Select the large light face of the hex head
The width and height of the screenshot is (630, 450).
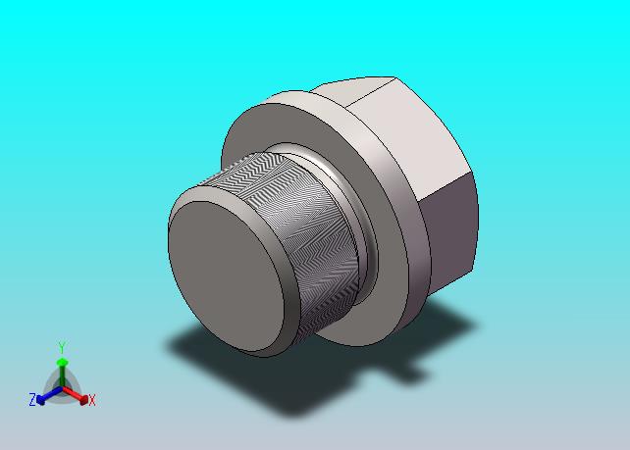pos(406,136)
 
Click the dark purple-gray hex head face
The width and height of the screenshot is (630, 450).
pos(449,232)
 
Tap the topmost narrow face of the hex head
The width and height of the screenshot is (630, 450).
pos(353,89)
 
